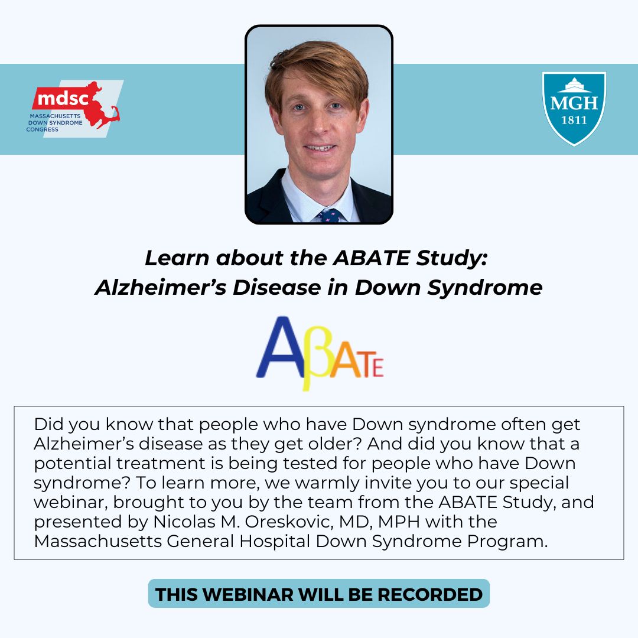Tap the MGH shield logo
pyautogui.click(x=574, y=108)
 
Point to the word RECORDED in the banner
pyautogui.click(x=430, y=594)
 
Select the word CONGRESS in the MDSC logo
pyautogui.click(x=43, y=129)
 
